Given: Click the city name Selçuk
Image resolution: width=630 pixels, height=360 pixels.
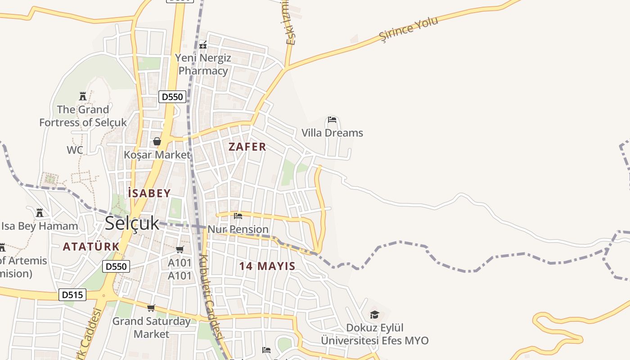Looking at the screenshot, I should pos(132,223).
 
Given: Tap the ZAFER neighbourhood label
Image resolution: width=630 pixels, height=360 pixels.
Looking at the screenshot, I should pos(247,147).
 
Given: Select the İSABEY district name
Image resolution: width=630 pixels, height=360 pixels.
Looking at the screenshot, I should pos(149,193).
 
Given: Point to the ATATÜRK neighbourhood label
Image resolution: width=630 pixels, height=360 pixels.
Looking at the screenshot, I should pos(91,247).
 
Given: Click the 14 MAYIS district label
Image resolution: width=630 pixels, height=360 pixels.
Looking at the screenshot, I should pos(267,266).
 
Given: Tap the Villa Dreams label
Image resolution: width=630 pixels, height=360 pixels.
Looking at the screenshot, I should pos(332,133).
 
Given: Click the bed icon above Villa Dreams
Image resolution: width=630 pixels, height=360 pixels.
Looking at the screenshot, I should pos(332,120).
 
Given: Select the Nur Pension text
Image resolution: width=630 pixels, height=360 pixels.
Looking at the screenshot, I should pos(238,229).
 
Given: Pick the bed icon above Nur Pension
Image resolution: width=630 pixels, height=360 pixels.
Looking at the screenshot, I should pos(238,216).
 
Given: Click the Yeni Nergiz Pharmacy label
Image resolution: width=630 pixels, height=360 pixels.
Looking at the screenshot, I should pos(203,64).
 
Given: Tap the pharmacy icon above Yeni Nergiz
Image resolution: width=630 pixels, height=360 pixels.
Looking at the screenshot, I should pos(203,45).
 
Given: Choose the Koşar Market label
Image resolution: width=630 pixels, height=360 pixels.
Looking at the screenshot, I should pos(157,155).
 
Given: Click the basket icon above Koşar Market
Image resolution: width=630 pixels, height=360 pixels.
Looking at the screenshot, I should pos(157,141).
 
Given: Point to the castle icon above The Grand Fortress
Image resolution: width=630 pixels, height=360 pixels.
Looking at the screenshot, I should pos(83,96).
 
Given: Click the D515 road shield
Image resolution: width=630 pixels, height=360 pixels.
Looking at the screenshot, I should pos(72,295).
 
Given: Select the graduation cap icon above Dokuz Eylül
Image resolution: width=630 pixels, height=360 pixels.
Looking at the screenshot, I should pos(374,315).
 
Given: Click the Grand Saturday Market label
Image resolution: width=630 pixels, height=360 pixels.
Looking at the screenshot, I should pos(151,328).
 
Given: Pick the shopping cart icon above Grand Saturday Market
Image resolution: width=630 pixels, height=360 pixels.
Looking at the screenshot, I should pos(151,308).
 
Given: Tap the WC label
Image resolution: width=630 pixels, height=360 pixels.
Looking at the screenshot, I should pos(75,150).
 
